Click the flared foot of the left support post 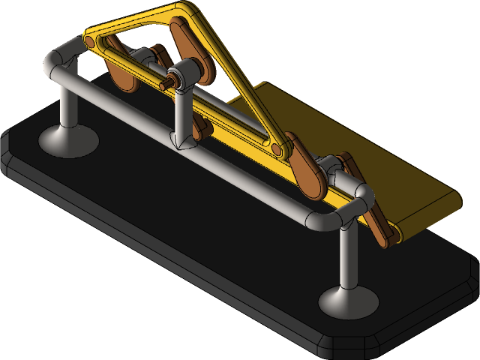(x=68, y=140)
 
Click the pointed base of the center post (x=181, y=140)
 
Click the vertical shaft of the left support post (x=68, y=105)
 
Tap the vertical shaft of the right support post (x=347, y=255)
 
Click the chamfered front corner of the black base (x=345, y=346)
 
